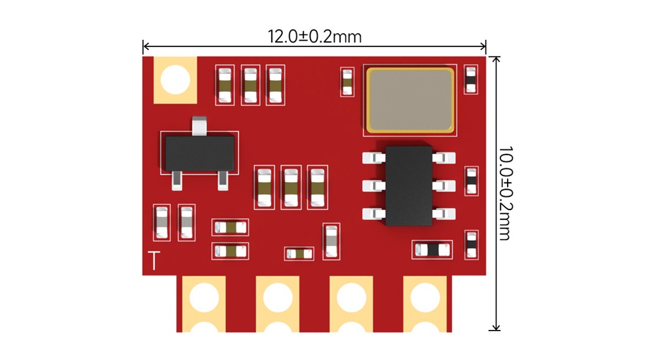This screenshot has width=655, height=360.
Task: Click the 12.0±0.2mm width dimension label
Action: tap(314, 36)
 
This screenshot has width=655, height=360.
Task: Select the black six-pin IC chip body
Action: tap(409, 185)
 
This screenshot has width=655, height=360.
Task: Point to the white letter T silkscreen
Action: tap(153, 261)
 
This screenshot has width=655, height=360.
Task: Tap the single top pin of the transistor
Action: tap(199, 125)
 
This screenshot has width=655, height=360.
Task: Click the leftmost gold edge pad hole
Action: tap(204, 297)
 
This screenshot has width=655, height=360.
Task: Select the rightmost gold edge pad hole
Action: tap(425, 297)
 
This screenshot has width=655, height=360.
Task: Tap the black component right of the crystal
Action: tap(470, 80)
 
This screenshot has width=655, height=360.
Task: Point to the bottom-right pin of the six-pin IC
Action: tap(445, 213)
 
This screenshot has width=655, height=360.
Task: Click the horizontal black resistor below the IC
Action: tap(432, 249)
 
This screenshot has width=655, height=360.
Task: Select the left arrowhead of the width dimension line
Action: tap(145, 46)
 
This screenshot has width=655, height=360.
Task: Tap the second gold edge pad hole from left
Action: tap(278, 297)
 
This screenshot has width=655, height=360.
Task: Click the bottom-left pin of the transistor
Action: tap(177, 179)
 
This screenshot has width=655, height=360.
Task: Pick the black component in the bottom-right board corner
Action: tap(470, 244)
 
